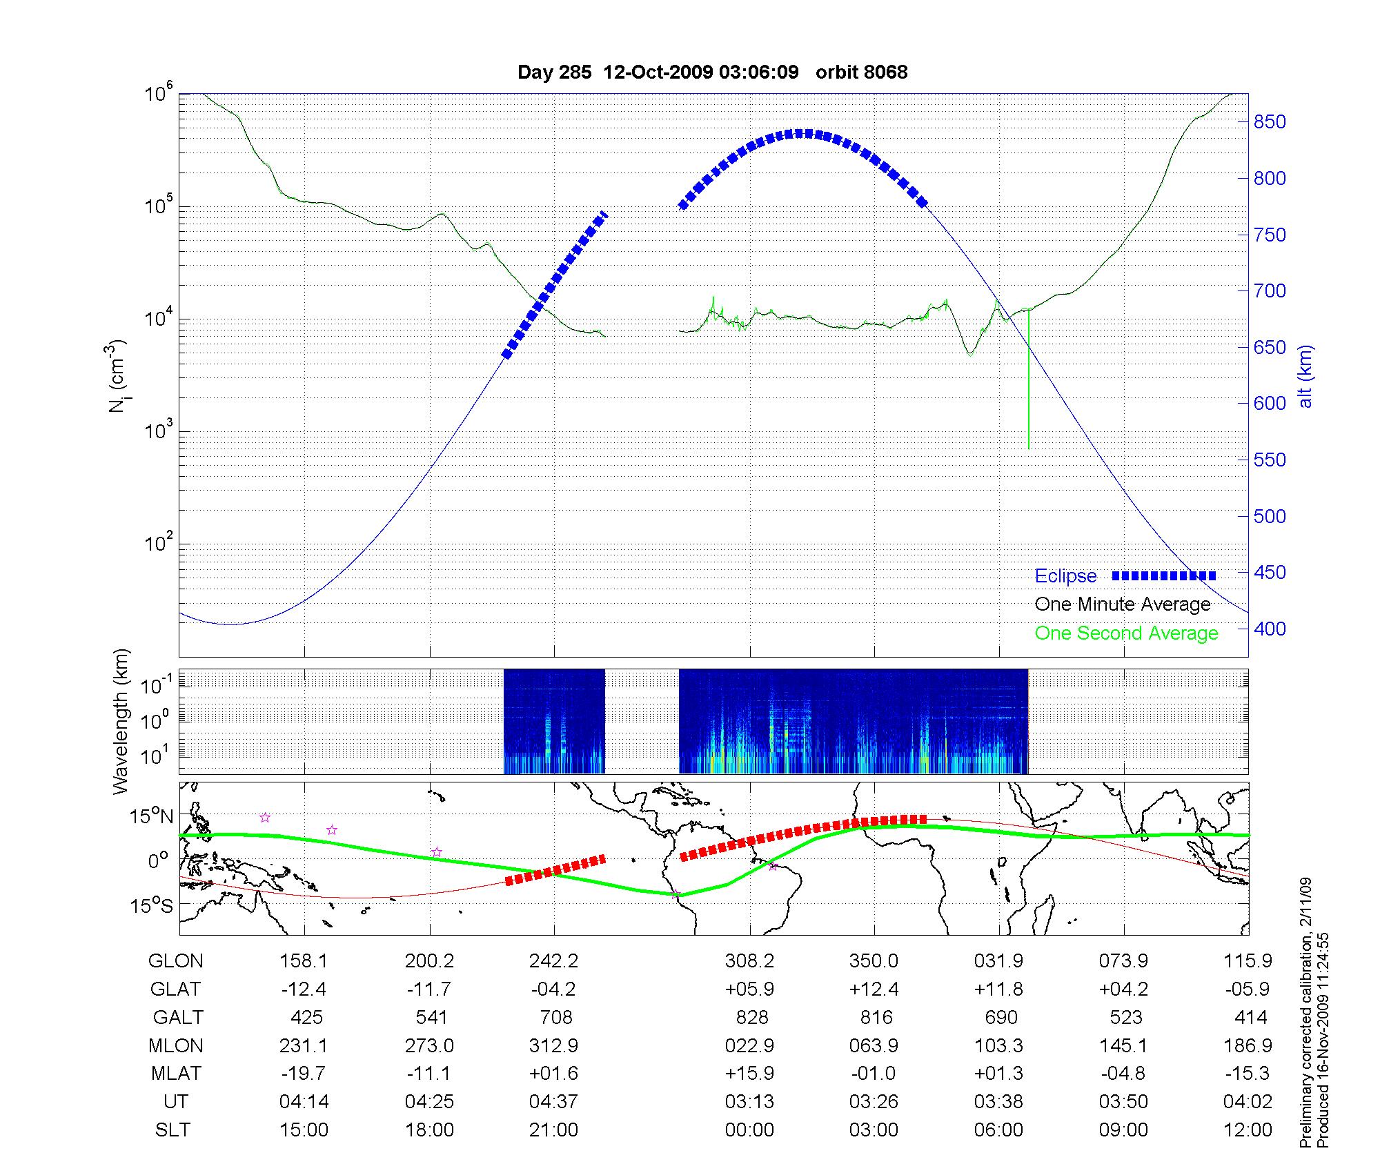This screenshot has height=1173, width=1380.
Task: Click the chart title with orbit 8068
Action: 712,72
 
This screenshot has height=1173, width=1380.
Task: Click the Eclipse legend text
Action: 1065,576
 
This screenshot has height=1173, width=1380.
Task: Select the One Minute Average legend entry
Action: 1123,604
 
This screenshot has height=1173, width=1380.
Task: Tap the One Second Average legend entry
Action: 1126,633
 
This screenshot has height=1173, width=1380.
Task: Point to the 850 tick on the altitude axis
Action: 1270,122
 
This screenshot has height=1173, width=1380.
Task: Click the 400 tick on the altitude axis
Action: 1270,629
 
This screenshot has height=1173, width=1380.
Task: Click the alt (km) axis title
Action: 1305,377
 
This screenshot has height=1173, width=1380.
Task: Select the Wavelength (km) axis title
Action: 121,721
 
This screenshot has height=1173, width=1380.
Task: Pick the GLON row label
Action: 176,961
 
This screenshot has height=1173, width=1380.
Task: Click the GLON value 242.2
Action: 553,961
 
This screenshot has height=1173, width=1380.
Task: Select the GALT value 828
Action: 752,1018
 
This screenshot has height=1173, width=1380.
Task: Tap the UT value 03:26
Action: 874,1102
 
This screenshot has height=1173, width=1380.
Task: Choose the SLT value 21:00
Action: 553,1130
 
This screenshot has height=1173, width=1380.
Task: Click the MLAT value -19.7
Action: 304,1074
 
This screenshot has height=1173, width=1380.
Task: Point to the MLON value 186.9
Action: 1248,1046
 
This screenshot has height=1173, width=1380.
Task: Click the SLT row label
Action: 172,1130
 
